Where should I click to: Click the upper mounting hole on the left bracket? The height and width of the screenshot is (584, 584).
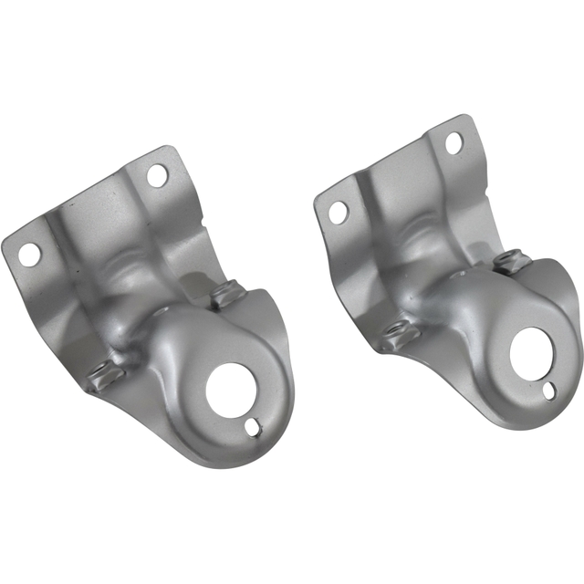click(157, 175)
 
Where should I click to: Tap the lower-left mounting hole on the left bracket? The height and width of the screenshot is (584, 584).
click(30, 254)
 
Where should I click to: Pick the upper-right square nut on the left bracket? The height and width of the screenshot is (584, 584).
click(224, 294)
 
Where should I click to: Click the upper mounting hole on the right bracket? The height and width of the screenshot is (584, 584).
click(453, 141)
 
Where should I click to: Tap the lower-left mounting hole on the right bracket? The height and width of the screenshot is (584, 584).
click(338, 213)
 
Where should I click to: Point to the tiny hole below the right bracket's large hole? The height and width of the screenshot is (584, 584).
click(547, 392)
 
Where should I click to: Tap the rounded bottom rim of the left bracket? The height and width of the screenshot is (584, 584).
click(219, 456)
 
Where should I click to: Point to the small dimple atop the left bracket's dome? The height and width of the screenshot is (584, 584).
click(162, 312)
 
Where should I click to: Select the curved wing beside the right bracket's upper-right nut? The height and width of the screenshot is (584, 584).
click(557, 283)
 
